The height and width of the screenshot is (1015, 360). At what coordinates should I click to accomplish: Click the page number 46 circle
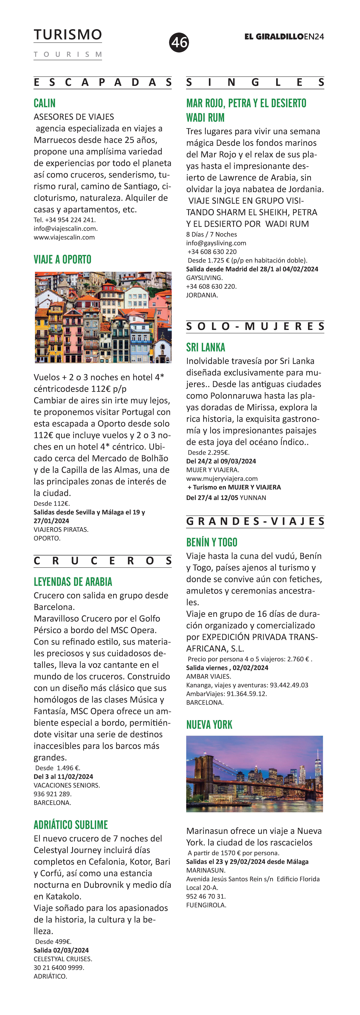(179, 42)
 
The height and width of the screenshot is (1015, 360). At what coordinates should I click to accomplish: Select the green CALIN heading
(45, 103)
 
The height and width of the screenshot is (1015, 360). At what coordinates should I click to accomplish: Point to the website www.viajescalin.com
(64, 237)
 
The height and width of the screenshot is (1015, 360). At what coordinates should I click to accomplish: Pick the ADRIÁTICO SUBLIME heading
(71, 825)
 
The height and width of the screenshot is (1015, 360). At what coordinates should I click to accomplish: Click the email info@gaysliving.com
(216, 243)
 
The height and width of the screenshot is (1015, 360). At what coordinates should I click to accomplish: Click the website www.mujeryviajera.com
(222, 478)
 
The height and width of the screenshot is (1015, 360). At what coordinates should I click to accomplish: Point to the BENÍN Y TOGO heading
(212, 542)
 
